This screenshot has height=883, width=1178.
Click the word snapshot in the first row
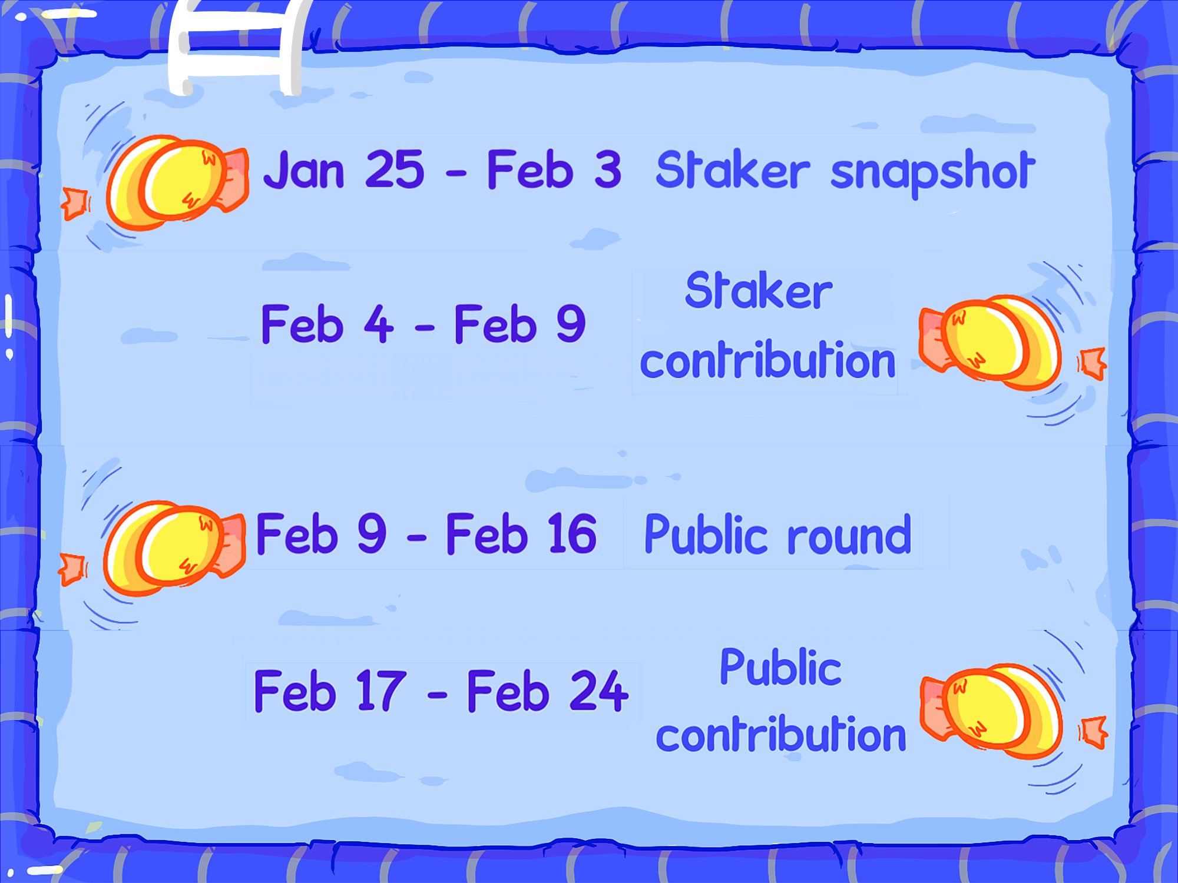(932, 172)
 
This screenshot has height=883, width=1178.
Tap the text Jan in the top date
(304, 171)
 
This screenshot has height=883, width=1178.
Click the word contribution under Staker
(767, 360)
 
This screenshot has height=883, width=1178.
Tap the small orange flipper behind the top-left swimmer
(75, 203)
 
